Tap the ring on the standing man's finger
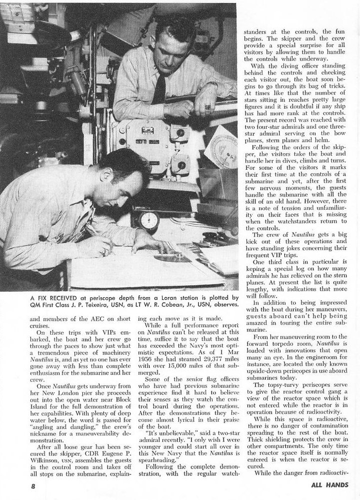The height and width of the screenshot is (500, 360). click(x=207, y=107)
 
